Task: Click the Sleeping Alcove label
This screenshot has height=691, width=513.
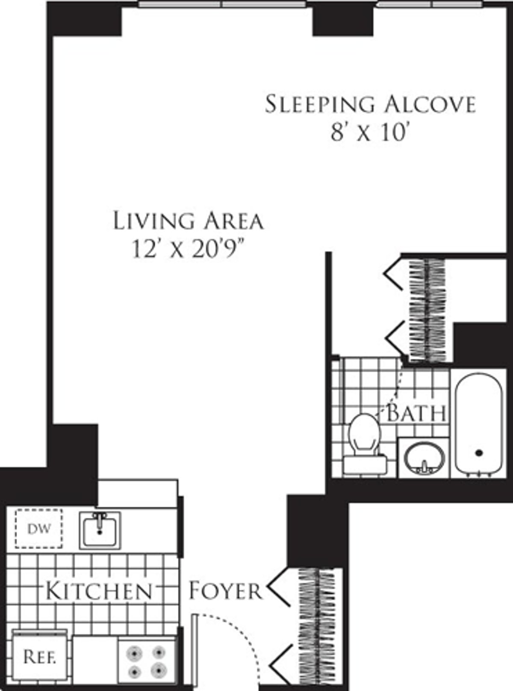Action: click(370, 104)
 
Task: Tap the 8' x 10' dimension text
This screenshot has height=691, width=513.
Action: click(368, 134)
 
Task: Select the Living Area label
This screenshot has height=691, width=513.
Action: click(188, 221)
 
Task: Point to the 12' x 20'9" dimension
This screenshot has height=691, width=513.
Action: click(191, 250)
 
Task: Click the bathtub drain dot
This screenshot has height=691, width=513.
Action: click(479, 453)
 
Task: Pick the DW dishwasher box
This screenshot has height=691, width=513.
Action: click(39, 529)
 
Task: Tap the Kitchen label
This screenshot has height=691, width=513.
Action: click(99, 591)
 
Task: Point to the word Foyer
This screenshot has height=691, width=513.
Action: click(225, 591)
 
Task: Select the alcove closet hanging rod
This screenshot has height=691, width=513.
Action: click(427, 310)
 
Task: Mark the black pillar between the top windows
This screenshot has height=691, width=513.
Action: click(343, 19)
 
